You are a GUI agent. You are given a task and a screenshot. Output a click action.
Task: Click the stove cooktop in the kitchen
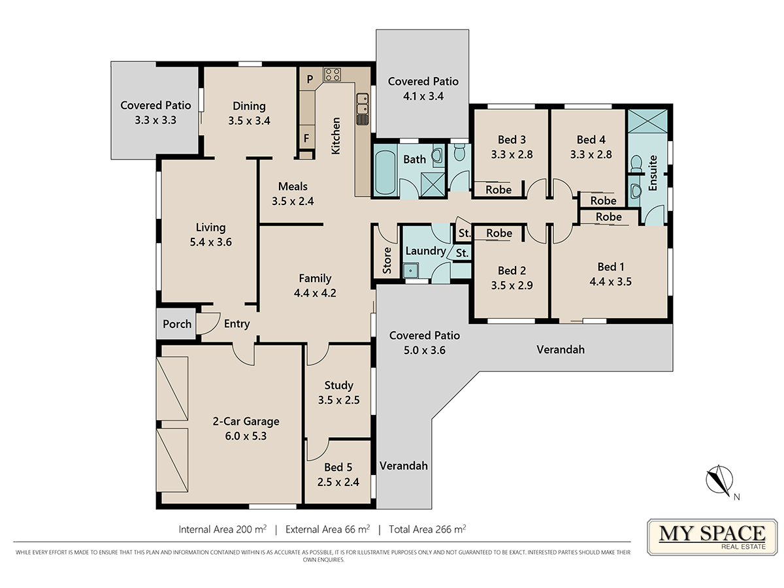point(332,74)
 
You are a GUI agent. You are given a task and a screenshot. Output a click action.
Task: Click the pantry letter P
point(310,79)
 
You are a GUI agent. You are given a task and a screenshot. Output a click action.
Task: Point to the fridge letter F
point(306,138)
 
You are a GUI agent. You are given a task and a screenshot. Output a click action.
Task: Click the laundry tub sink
point(411,270)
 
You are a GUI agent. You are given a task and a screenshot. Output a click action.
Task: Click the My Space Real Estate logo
point(712,537)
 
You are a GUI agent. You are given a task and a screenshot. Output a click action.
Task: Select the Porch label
point(177,324)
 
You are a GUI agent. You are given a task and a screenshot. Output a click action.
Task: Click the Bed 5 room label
point(338,467)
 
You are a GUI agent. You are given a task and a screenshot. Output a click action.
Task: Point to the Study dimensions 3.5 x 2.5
point(338,400)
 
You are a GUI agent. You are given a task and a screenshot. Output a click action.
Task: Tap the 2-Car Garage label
point(246,421)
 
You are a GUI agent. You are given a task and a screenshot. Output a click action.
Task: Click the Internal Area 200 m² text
point(223,529)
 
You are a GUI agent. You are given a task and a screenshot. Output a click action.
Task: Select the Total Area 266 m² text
point(427,529)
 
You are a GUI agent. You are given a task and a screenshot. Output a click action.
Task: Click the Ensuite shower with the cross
point(647,121)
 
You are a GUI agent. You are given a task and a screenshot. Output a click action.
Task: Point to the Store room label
point(387,260)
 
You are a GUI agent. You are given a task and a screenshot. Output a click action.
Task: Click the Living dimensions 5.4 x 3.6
point(211,242)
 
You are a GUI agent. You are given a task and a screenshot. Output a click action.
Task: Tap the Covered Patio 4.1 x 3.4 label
point(423,89)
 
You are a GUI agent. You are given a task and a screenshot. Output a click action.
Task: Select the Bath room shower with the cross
point(433,184)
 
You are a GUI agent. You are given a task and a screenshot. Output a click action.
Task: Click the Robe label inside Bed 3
point(498,189)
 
